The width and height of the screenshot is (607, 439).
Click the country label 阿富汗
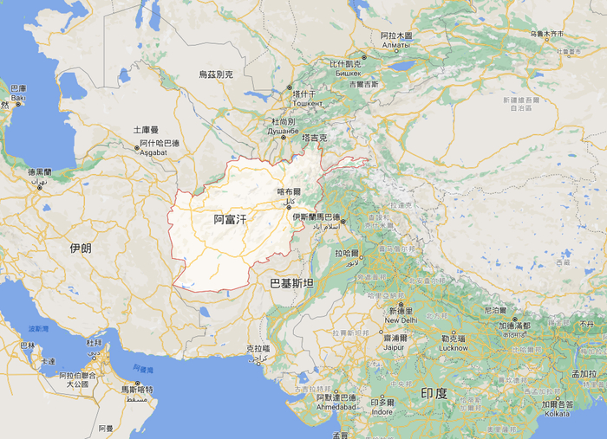(x=230, y=220)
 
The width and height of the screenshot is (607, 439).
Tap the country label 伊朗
(x=81, y=248)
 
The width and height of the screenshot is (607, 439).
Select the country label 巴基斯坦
(x=291, y=283)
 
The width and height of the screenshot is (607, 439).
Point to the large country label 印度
(x=434, y=393)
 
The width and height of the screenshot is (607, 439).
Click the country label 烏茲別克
(x=216, y=74)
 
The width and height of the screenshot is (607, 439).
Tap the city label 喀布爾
(x=288, y=191)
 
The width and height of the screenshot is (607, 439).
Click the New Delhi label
(x=401, y=320)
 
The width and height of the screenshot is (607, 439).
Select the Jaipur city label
(x=395, y=347)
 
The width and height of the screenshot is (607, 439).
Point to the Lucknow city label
(x=454, y=347)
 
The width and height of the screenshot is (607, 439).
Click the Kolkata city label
(x=557, y=413)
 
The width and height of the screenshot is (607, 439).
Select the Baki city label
(x=18, y=98)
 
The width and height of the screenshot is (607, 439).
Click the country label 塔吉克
(x=313, y=138)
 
